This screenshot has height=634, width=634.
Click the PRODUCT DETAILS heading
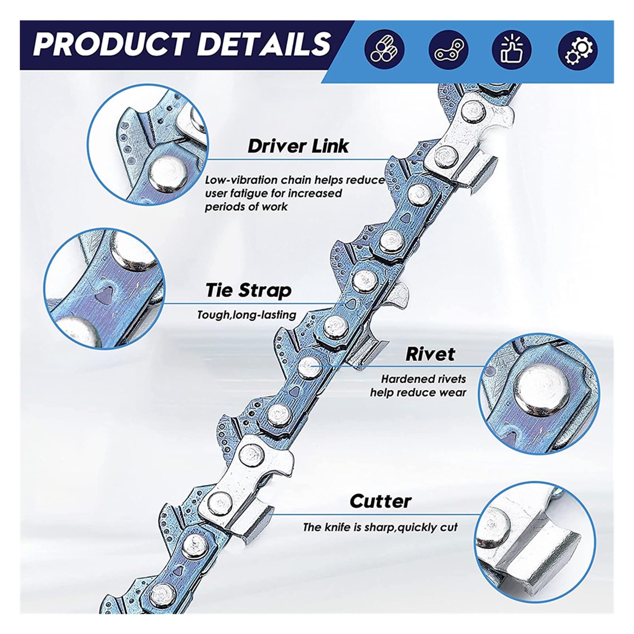click(x=182, y=44)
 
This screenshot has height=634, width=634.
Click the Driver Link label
click(x=298, y=146)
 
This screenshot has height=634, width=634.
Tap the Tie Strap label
click(x=248, y=290)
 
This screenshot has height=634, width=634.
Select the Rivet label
click(x=430, y=354)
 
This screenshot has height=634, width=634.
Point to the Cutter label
click(x=380, y=501)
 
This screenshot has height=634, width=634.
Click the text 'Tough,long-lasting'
click(x=247, y=315)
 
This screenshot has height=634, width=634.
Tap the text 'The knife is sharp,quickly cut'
click(x=380, y=527)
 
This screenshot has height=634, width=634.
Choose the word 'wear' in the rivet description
click(x=453, y=393)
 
